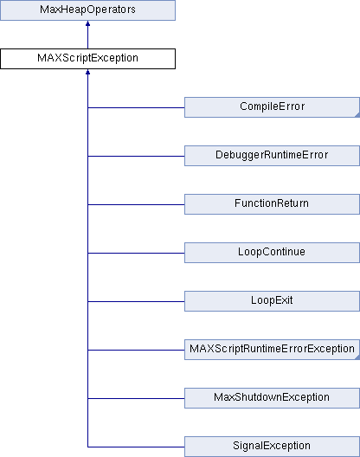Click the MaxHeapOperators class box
click(x=87, y=10)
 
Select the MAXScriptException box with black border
click(x=87, y=59)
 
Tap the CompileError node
click(x=272, y=107)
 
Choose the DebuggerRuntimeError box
click(x=272, y=156)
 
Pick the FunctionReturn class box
click(x=272, y=204)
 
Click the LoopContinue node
click(x=272, y=253)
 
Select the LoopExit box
click(x=272, y=301)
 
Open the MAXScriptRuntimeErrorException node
click(x=272, y=350)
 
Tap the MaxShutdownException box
click(x=272, y=398)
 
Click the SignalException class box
click(x=272, y=447)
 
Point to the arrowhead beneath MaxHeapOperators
click(x=87, y=23)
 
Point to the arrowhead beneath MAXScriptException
click(x=87, y=72)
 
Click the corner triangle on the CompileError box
click(x=357, y=115)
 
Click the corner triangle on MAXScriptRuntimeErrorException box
click(x=357, y=357)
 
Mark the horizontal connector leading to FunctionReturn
click(x=136, y=204)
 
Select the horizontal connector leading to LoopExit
click(x=136, y=302)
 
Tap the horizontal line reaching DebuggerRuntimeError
click(x=136, y=156)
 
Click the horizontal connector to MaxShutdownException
click(x=136, y=398)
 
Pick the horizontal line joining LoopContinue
click(x=136, y=253)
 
